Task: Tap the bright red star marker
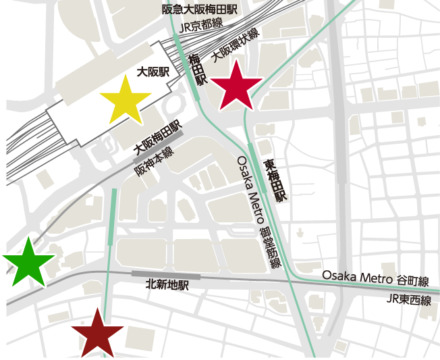(236, 86)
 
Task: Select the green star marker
(28, 262)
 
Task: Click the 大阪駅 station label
(152, 72)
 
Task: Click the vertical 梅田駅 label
(197, 70)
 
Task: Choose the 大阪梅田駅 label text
(157, 137)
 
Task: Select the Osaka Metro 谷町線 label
(380, 276)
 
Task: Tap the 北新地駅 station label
(167, 286)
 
